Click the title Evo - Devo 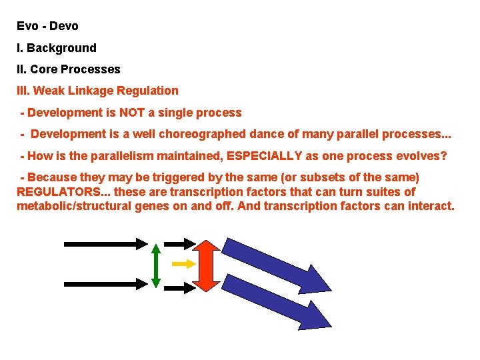point(47,27)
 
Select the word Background point(61,48)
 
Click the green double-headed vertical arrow point(155,265)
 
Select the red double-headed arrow point(207,265)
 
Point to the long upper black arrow point(105,243)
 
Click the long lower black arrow point(105,284)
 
